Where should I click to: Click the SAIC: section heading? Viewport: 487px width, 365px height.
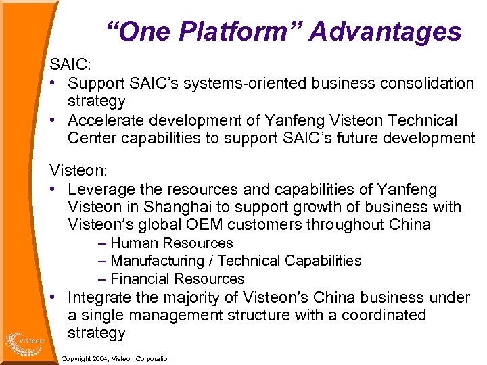(x=68, y=66)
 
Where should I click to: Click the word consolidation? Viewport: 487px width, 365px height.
(x=428, y=84)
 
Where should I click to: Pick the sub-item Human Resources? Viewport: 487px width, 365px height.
(x=171, y=243)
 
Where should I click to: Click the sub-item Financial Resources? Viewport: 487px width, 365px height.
(x=177, y=278)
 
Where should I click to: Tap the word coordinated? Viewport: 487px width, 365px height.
(x=384, y=315)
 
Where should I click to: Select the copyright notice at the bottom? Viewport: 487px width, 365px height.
(x=116, y=358)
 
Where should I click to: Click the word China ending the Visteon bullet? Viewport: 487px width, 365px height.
(x=408, y=224)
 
